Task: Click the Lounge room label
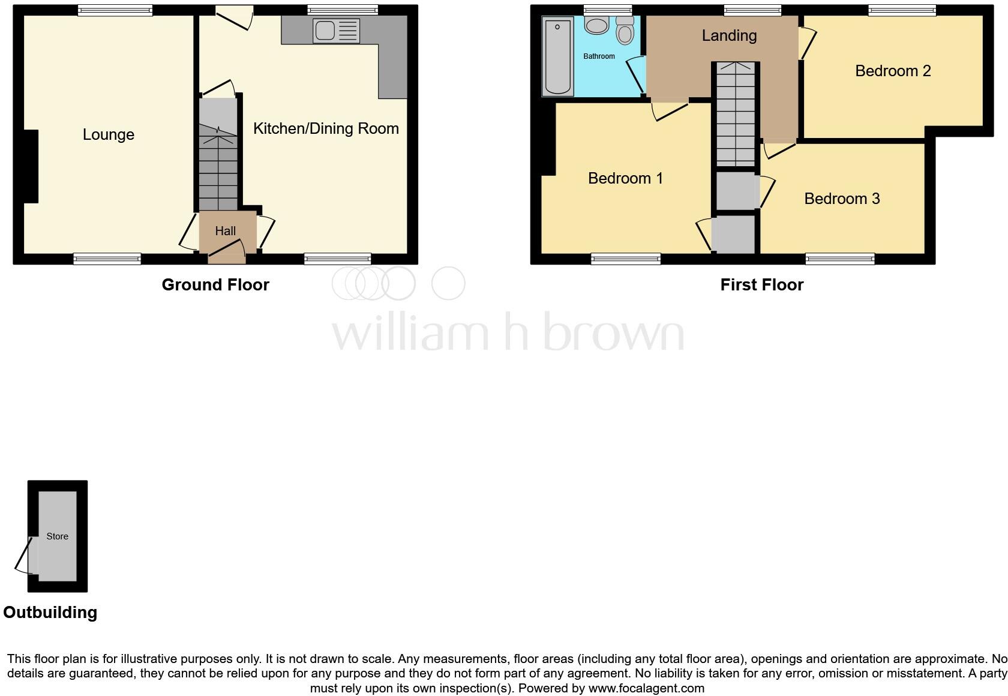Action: click(x=108, y=134)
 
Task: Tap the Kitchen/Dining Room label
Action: click(x=326, y=128)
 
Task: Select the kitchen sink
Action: click(x=335, y=31)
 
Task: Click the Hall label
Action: click(x=226, y=231)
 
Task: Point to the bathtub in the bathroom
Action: click(x=557, y=56)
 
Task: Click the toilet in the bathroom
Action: click(x=625, y=31)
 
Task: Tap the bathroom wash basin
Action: click(x=596, y=25)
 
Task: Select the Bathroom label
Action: click(x=599, y=56)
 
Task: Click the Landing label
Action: click(x=729, y=35)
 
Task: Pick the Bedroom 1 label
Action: click(x=625, y=178)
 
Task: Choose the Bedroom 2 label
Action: click(x=893, y=71)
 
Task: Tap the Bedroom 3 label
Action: click(x=842, y=199)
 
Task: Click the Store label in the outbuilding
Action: click(x=58, y=536)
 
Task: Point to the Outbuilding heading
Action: click(x=50, y=612)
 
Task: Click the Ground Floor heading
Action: click(x=215, y=284)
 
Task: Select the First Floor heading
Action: click(x=761, y=284)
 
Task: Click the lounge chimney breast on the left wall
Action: click(x=31, y=166)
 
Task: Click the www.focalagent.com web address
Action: click(x=646, y=688)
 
